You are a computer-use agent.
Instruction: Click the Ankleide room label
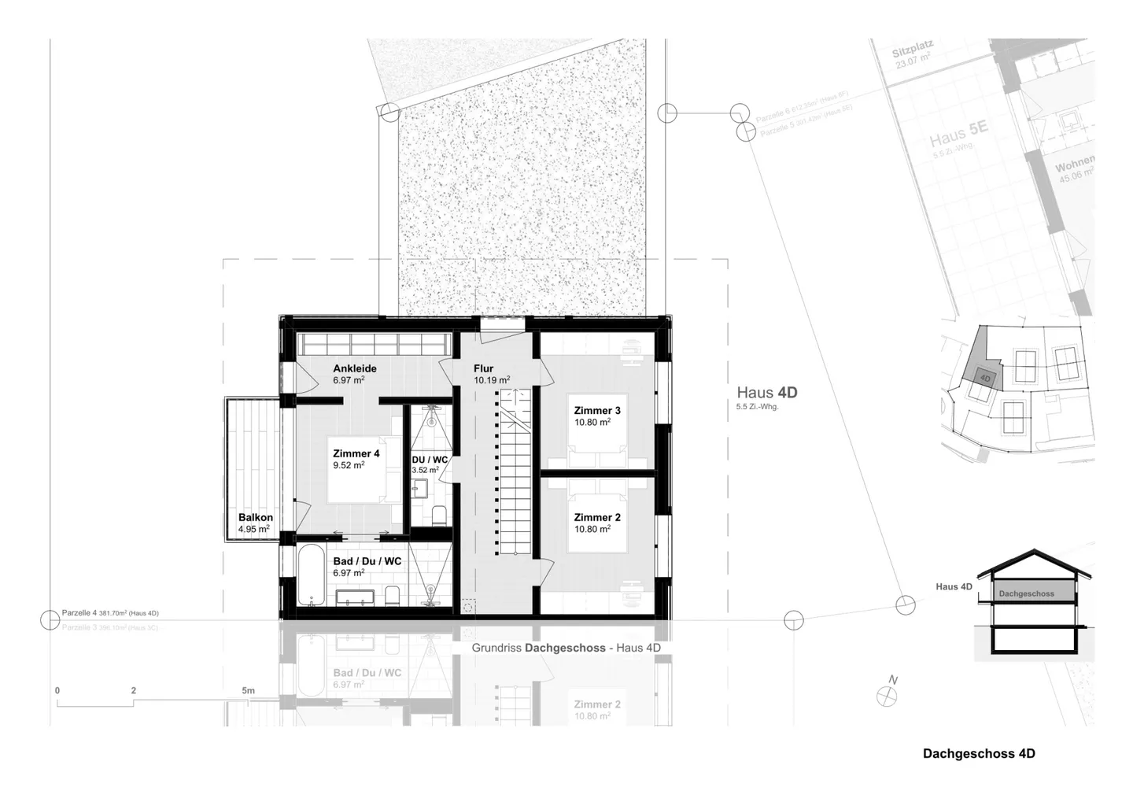tap(354, 368)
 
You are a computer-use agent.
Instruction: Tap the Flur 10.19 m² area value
tap(491, 381)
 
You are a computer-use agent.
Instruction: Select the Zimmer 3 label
tap(596, 410)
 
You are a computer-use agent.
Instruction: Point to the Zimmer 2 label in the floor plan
tap(596, 517)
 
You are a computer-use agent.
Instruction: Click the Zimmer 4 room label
tap(356, 453)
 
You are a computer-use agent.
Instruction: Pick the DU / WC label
tap(430, 460)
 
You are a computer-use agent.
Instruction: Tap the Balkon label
tap(256, 518)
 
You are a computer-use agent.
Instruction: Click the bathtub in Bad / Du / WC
tap(308, 575)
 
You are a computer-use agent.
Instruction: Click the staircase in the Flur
tap(517, 472)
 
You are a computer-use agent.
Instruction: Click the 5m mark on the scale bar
tap(248, 691)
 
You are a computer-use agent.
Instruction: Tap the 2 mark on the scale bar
tap(134, 691)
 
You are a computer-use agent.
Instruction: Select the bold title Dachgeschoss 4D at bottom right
tap(979, 753)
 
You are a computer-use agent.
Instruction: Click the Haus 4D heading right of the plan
tap(766, 392)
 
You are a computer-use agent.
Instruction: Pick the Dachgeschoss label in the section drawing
tap(1026, 593)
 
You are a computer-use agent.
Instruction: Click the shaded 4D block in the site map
tap(985, 378)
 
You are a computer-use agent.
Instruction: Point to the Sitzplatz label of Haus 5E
tap(911, 53)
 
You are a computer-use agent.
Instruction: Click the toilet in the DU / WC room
tap(439, 516)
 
